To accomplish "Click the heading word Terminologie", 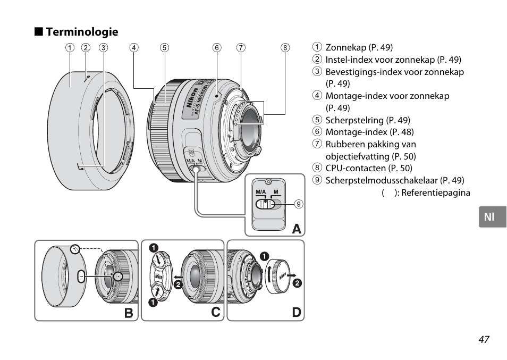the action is pyautogui.click(x=82, y=32).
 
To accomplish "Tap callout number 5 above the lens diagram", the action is pyautogui.click(x=165, y=48).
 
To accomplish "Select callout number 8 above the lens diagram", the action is pyautogui.click(x=285, y=48).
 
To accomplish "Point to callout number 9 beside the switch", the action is pyautogui.click(x=299, y=204).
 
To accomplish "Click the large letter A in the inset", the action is pyautogui.click(x=297, y=229).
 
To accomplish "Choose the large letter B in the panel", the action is pyautogui.click(x=129, y=313).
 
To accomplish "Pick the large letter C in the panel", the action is pyautogui.click(x=215, y=312).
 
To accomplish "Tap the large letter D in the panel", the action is pyautogui.click(x=296, y=313).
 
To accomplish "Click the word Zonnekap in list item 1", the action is pyautogui.click(x=345, y=47).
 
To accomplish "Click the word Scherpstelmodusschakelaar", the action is pyautogui.click(x=382, y=180).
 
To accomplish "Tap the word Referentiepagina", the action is pyautogui.click(x=436, y=193).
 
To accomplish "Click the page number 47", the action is pyautogui.click(x=484, y=339).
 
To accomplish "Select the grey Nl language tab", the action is pyautogui.click(x=493, y=217).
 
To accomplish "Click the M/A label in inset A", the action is pyautogui.click(x=260, y=192).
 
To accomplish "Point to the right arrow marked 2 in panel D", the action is pyautogui.click(x=291, y=275).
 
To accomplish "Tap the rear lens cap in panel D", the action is pyautogui.click(x=277, y=276).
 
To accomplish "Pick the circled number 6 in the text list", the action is pyautogui.click(x=317, y=132).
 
